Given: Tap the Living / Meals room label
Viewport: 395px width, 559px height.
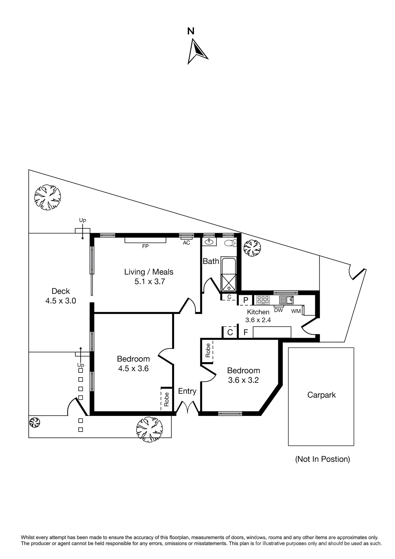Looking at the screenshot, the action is point(149,272).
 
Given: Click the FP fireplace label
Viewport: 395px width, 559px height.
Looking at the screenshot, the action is point(145,246).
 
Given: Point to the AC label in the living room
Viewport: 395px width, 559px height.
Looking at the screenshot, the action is point(187,243).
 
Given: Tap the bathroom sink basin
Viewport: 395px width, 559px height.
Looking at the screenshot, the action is point(209,241).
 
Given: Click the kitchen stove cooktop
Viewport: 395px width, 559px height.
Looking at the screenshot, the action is point(263,300).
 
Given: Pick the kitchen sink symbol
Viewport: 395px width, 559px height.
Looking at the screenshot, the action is point(286,300).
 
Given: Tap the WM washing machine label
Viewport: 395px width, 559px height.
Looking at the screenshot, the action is point(296,311).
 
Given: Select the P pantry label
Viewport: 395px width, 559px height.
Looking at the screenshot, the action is point(246,300).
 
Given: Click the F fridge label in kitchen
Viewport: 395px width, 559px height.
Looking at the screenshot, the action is point(246,332).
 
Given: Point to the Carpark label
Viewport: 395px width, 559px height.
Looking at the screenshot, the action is point(322,395).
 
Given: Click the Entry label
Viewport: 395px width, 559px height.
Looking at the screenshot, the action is point(187,391).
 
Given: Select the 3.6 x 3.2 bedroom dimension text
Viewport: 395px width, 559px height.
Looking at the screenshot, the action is point(243,380).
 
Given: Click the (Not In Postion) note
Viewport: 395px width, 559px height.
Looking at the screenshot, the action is point(323,459).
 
